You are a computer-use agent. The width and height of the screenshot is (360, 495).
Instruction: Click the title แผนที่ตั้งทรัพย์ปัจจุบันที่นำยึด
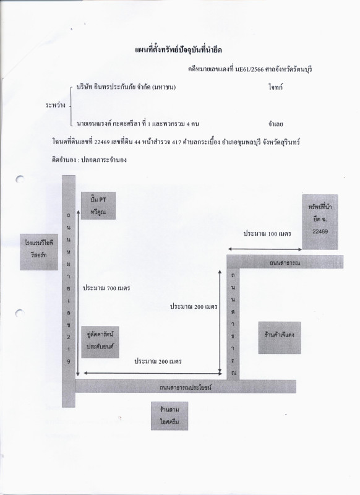tap(179, 50)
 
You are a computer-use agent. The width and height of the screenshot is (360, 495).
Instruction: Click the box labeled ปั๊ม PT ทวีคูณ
tap(98, 205)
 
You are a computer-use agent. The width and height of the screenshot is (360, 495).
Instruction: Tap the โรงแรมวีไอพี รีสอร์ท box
tap(39, 252)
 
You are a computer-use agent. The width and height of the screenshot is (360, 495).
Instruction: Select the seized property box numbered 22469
tap(320, 222)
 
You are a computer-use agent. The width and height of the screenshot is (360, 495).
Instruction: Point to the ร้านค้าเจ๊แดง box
tap(280, 337)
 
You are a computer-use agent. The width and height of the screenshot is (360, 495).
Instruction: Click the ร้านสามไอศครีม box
tap(169, 416)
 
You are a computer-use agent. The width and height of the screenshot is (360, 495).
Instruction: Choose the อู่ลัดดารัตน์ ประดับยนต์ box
tap(100, 342)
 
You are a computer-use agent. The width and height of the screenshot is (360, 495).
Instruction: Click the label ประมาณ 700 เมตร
tap(106, 288)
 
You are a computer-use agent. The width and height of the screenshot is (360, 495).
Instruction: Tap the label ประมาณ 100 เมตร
tap(267, 234)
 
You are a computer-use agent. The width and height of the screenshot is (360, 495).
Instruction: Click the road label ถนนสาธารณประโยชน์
tap(186, 387)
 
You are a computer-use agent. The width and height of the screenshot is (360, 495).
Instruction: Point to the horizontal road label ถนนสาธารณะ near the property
tap(285, 262)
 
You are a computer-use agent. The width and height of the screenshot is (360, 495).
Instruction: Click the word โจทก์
tap(275, 87)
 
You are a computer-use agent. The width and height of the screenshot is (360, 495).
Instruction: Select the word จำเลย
tap(275, 124)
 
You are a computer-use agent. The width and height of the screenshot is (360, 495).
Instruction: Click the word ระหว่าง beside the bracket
tap(56, 105)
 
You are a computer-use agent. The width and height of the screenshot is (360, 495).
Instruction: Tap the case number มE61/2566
tap(249, 69)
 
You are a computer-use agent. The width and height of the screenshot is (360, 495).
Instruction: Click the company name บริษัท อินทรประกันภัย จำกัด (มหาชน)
tap(126, 87)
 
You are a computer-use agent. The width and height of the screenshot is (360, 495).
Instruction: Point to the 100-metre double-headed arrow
tap(265, 249)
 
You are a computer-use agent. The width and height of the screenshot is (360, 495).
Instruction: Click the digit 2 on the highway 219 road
tap(69, 337)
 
